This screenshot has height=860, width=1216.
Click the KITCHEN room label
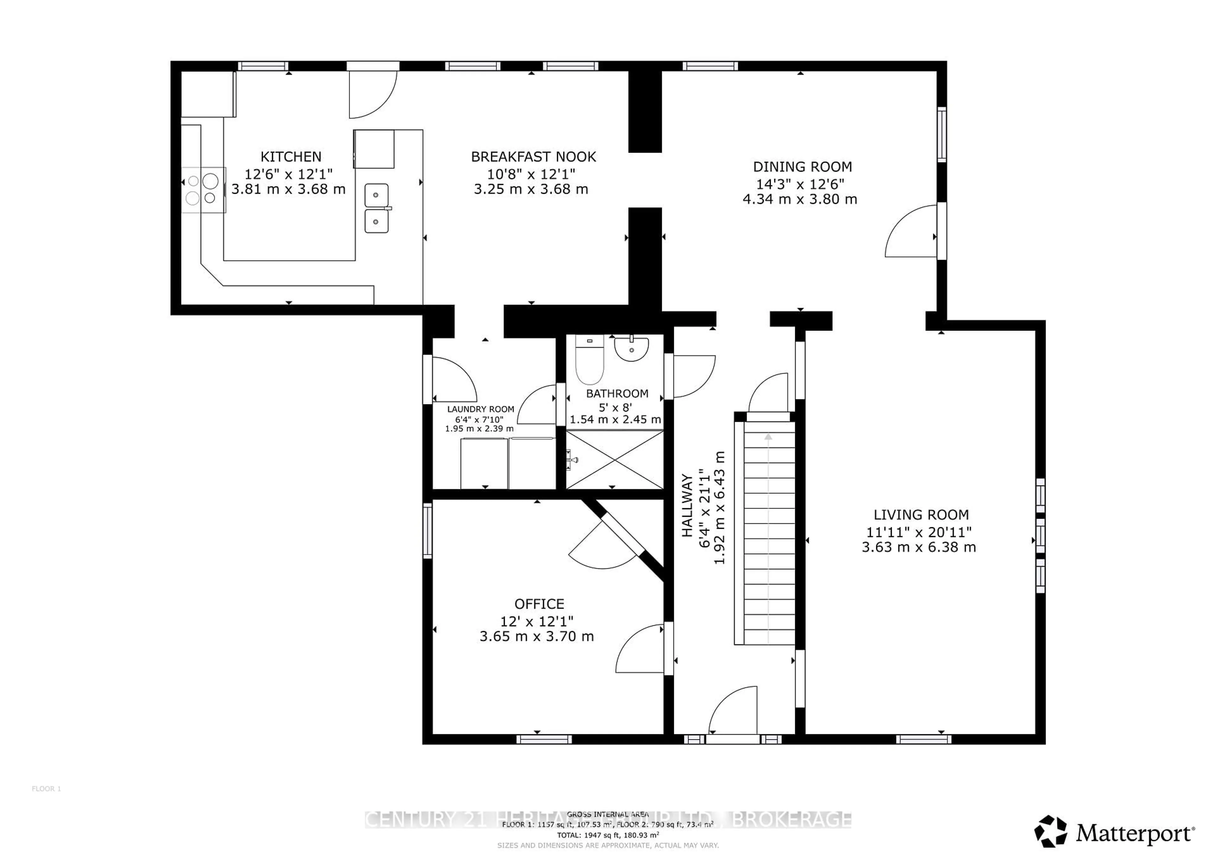[x=291, y=157]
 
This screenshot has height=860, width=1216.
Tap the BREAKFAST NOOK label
[x=533, y=157]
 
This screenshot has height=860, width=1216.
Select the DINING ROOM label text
[x=802, y=167]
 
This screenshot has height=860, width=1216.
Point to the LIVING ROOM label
[x=921, y=515]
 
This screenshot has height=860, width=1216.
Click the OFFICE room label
[x=539, y=604]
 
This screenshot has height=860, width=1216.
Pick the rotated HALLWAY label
[x=687, y=506]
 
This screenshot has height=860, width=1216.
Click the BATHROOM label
[x=617, y=394]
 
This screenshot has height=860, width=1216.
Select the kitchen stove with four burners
[x=203, y=190]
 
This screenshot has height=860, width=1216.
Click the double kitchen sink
[x=377, y=208]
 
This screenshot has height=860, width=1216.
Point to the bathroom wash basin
[x=631, y=350]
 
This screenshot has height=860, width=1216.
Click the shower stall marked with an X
[x=614, y=459]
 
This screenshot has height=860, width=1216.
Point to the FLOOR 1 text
[x=47, y=788]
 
